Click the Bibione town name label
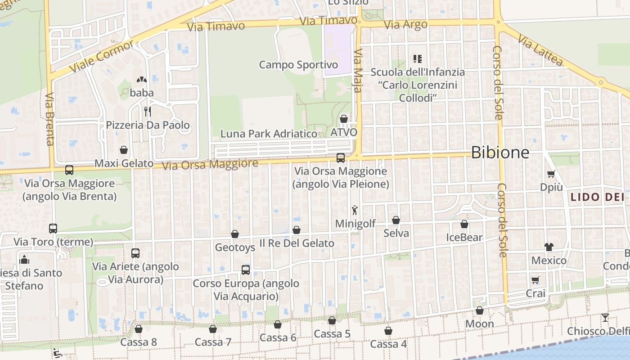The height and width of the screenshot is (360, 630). (500, 153)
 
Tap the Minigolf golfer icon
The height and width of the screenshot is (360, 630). (355, 210)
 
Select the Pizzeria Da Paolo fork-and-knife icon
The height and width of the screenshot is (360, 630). (147, 111)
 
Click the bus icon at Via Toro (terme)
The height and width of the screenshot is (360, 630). (53, 229)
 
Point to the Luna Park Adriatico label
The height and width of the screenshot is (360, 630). (269, 134)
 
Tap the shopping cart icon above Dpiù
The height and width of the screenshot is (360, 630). (551, 174)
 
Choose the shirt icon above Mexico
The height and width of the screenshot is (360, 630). (549, 247)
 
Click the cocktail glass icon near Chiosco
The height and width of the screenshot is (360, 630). (605, 318)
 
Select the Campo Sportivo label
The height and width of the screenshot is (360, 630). (298, 65)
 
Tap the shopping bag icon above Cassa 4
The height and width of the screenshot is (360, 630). (388, 331)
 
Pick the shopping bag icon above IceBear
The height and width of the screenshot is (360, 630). (464, 224)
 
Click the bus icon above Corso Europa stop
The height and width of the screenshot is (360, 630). (245, 270)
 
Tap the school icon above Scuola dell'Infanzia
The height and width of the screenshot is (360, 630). (417, 59)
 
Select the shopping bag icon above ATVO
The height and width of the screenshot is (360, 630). (344, 119)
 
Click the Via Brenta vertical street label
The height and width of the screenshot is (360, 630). (49, 119)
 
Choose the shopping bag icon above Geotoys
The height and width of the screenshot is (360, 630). (234, 234)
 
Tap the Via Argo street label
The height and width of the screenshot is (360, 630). (406, 24)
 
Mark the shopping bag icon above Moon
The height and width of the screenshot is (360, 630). (480, 310)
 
